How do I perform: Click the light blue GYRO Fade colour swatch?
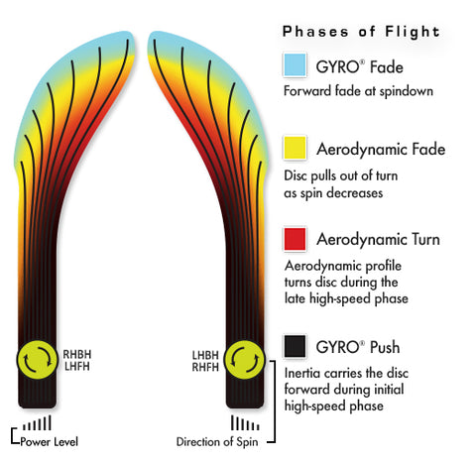tap(295, 64)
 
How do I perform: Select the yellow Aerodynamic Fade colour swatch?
tap(295, 148)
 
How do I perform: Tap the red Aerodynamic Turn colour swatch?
tap(295, 239)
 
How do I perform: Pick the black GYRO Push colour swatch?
tap(295, 346)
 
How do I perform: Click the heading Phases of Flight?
tap(361, 32)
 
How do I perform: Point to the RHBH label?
tap(77, 354)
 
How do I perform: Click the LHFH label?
tap(77, 366)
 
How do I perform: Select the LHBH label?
tap(205, 355)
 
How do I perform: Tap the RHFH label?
tap(205, 367)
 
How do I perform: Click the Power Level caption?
tap(50, 442)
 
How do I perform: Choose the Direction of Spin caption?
tap(217, 442)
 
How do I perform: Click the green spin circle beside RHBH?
tap(37, 360)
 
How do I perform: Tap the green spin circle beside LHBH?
tap(245, 360)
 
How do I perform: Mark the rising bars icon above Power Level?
tap(37, 423)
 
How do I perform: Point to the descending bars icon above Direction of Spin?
tap(245, 423)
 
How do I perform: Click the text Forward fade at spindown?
tap(358, 91)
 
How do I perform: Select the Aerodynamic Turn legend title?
tap(378, 239)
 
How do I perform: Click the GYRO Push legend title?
tap(358, 347)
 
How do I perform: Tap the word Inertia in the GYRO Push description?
tap(301, 373)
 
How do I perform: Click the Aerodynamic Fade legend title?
tap(381, 149)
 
